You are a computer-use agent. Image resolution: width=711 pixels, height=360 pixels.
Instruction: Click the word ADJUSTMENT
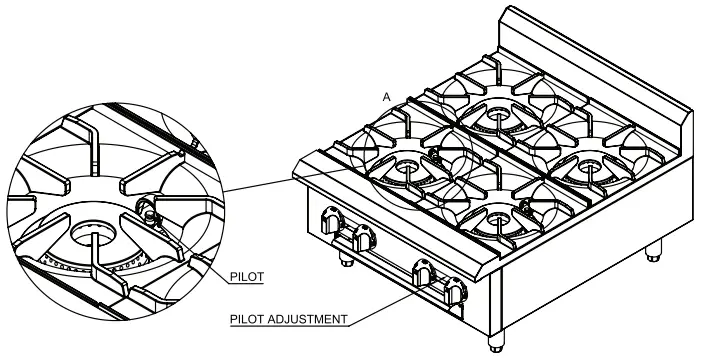(311, 320)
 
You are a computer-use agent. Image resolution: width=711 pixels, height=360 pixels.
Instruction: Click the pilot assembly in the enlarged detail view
(149, 211)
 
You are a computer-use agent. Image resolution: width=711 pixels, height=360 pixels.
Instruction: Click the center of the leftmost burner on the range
(408, 166)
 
